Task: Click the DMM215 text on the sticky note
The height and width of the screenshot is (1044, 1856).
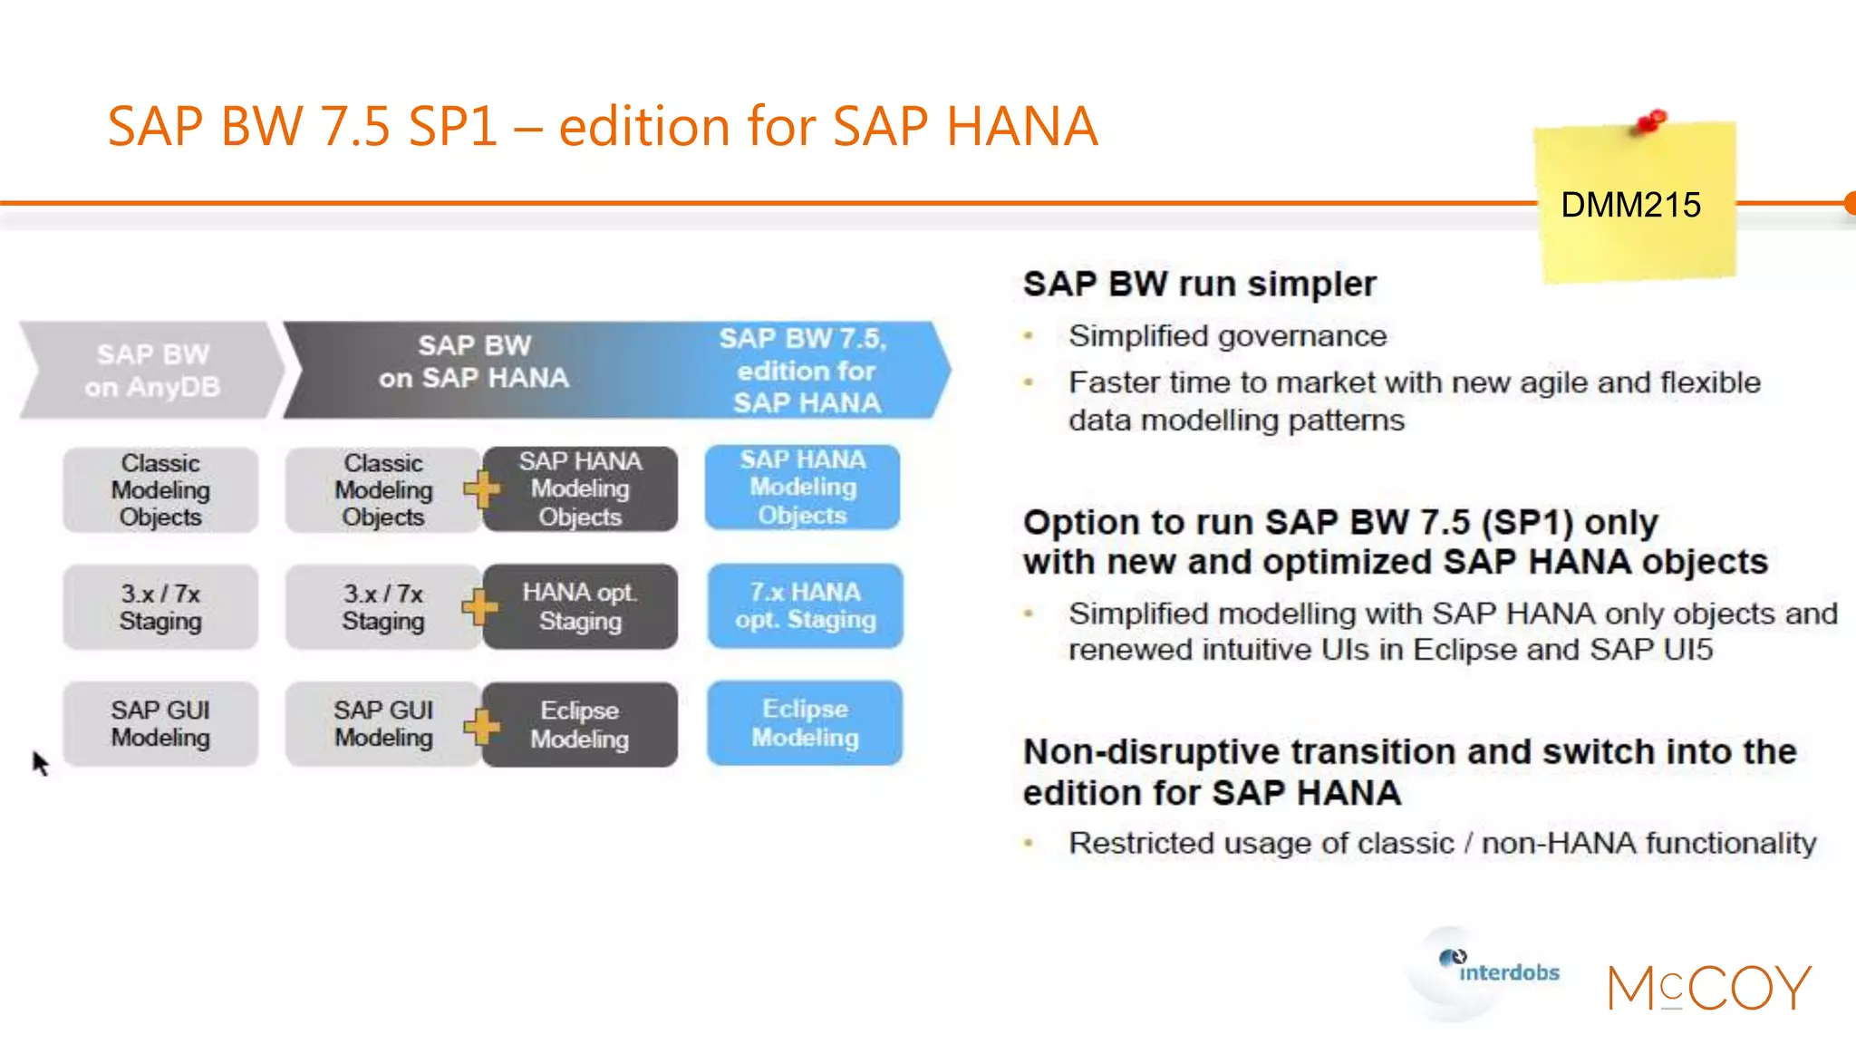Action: pyautogui.click(x=1630, y=205)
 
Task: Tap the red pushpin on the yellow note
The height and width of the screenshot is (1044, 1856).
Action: pyautogui.click(x=1651, y=121)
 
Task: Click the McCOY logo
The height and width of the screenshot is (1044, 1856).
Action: pyautogui.click(x=1708, y=987)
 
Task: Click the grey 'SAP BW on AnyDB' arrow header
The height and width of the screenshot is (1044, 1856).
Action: pyautogui.click(x=152, y=370)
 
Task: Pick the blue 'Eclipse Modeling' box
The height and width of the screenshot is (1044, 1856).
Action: pyautogui.click(x=805, y=723)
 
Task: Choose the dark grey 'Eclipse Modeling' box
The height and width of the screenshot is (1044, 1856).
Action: pyautogui.click(x=580, y=724)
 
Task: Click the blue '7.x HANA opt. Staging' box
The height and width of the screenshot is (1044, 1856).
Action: pyautogui.click(x=805, y=605)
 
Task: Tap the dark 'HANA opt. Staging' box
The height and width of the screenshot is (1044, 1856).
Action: pyautogui.click(x=580, y=606)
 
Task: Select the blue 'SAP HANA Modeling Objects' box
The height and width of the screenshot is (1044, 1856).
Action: pyautogui.click(x=802, y=488)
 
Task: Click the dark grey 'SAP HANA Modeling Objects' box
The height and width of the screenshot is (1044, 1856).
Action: pyautogui.click(x=580, y=488)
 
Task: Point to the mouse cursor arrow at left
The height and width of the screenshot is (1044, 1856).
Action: pyautogui.click(x=39, y=761)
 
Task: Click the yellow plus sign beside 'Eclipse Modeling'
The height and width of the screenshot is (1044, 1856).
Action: pyautogui.click(x=481, y=725)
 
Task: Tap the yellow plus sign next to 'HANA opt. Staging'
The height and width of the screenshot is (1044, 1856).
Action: pyautogui.click(x=479, y=606)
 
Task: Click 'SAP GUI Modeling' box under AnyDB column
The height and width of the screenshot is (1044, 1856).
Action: pyautogui.click(x=160, y=723)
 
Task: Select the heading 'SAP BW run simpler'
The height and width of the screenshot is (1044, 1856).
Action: pyautogui.click(x=1199, y=284)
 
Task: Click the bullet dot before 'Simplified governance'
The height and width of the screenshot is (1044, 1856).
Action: pyautogui.click(x=1029, y=336)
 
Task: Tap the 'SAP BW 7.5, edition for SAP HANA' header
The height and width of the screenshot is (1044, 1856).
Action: pyautogui.click(x=807, y=370)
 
